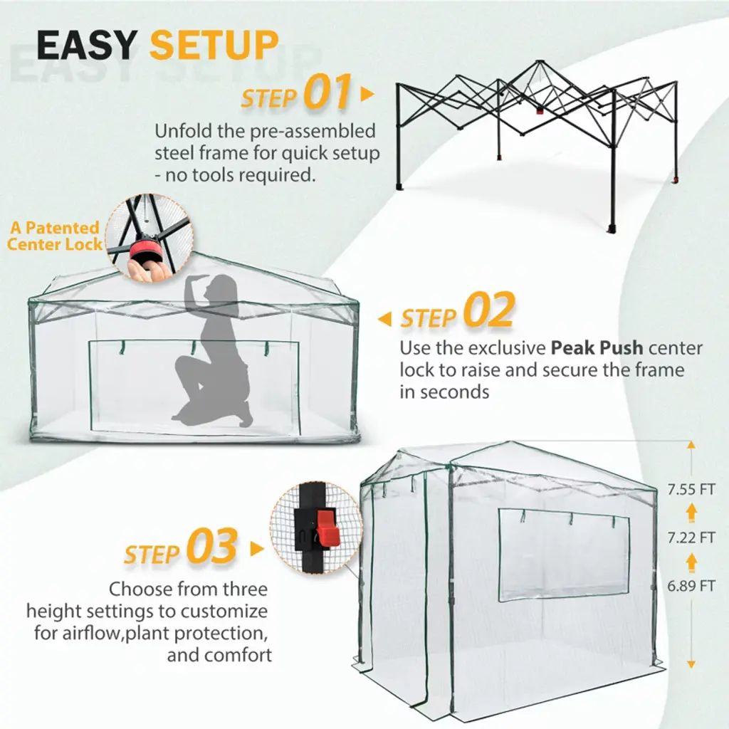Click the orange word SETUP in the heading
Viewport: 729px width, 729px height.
click(214, 45)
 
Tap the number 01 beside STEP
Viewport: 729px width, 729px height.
click(327, 92)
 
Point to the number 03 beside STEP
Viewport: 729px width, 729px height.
click(212, 546)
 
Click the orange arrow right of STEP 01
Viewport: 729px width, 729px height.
click(367, 94)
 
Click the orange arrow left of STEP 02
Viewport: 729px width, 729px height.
click(384, 319)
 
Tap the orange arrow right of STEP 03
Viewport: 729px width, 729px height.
click(257, 549)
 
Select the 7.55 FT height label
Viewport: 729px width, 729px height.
click(691, 490)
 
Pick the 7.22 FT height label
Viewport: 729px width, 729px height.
click(691, 538)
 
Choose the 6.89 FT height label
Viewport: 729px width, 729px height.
click(691, 586)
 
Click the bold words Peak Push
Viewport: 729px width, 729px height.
click(597, 348)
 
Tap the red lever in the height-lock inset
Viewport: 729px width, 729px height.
click(327, 528)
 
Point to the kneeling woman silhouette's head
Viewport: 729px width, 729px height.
click(221, 288)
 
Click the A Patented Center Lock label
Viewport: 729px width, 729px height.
click(55, 236)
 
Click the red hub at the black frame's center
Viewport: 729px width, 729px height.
click(540, 110)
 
